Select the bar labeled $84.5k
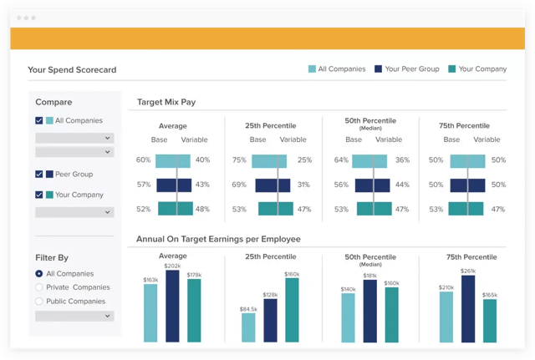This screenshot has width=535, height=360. tap(248, 327)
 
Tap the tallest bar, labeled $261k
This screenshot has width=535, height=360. tap(467, 309)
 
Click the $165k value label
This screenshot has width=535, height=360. tap(489, 295)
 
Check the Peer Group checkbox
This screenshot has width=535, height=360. tap(39, 174)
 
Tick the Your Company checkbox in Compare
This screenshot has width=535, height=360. tap(39, 195)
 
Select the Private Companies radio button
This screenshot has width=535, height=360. tap(39, 287)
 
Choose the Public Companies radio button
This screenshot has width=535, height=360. tap(39, 301)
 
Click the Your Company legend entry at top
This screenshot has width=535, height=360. tap(476, 69)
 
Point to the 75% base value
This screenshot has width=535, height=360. tap(239, 160)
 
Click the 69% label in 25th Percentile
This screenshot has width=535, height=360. tap(239, 185)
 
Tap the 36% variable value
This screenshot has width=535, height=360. tap(402, 160)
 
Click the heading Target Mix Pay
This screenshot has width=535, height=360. tap(166, 102)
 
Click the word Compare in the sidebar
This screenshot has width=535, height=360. tap(53, 102)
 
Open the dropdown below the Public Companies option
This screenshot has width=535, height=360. tap(74, 317)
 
